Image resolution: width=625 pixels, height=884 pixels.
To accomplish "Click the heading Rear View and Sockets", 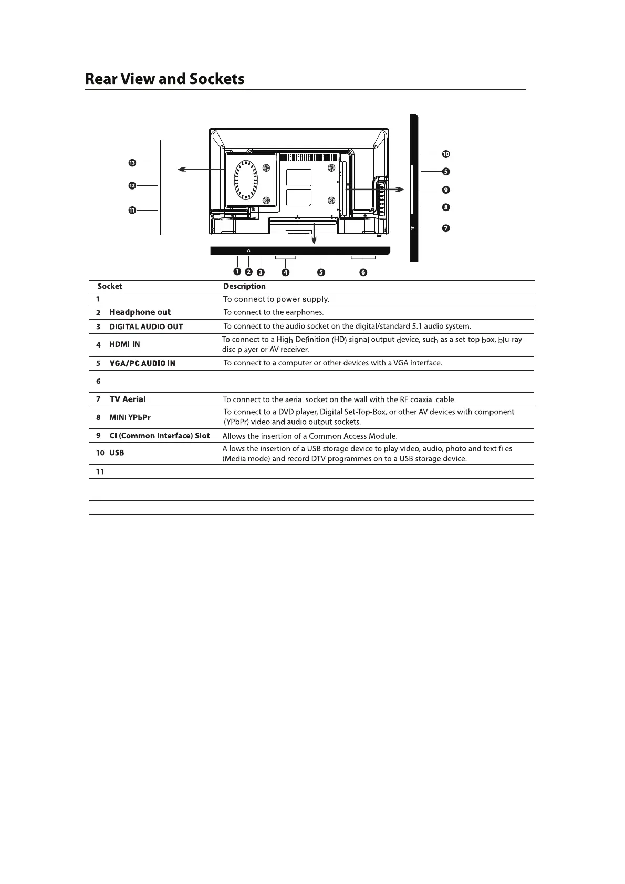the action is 164,79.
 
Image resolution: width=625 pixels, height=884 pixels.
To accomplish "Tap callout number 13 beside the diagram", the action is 132,163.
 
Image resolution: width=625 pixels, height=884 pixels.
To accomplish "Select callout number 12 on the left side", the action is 132,185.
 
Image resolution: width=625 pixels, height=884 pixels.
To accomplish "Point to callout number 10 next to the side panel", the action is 446,154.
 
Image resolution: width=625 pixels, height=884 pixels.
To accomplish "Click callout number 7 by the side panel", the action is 446,228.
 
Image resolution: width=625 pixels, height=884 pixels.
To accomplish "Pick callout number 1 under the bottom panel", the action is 237,271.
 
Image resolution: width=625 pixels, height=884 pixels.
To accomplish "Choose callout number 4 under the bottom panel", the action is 286,272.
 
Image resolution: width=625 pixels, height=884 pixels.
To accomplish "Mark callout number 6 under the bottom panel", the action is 363,272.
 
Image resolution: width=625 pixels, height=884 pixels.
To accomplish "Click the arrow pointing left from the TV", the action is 201,170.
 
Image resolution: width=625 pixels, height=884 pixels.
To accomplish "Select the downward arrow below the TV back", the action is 314,233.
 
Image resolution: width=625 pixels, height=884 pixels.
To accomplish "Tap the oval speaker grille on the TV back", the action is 246,181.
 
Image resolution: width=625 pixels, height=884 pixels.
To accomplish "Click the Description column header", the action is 244,286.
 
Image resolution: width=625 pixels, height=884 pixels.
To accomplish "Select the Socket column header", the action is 110,286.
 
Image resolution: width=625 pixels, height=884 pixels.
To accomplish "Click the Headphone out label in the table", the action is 140,312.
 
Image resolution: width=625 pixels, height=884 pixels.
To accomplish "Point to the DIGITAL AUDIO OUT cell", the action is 146,327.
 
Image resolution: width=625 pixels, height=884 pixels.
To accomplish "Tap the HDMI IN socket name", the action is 124,344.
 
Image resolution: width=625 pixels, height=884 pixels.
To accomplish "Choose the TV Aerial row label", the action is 128,399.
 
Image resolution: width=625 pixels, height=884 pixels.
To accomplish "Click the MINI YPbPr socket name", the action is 130,417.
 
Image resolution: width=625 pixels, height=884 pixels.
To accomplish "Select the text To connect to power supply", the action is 276,299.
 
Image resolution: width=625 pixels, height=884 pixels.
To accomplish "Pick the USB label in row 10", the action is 117,452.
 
